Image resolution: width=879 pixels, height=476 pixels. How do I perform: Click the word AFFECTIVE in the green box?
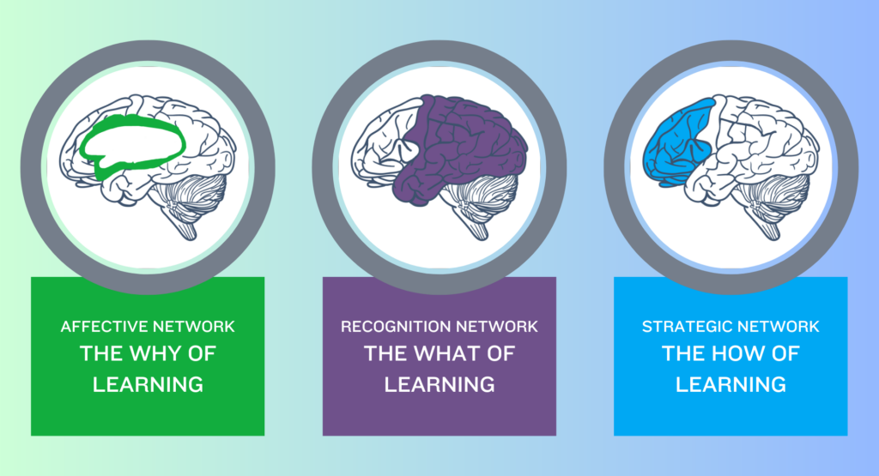(104, 327)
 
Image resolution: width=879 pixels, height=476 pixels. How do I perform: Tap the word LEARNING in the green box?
(148, 385)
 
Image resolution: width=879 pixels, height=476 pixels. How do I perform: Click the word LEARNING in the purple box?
(439, 385)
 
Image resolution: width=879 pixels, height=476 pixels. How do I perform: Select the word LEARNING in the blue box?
(730, 385)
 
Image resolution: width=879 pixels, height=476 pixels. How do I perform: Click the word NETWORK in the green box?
(194, 327)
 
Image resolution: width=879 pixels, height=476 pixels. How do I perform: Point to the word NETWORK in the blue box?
(778, 327)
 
